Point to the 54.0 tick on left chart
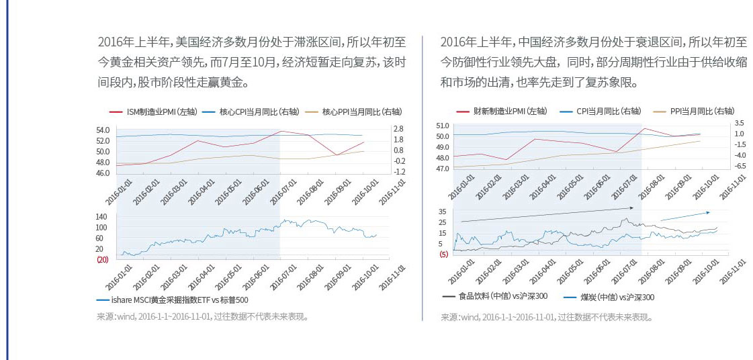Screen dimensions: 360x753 point(103,130)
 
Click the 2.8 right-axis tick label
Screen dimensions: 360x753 point(398,129)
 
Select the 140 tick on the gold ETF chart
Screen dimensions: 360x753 point(101,217)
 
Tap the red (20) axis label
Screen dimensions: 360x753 point(102,259)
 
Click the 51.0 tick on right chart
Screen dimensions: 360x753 point(442,126)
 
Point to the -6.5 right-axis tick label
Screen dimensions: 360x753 point(739,165)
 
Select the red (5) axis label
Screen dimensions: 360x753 point(443,255)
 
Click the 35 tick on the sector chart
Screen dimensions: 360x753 point(442,212)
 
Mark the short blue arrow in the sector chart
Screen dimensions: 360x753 point(685,216)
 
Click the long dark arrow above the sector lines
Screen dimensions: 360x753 point(544,215)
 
